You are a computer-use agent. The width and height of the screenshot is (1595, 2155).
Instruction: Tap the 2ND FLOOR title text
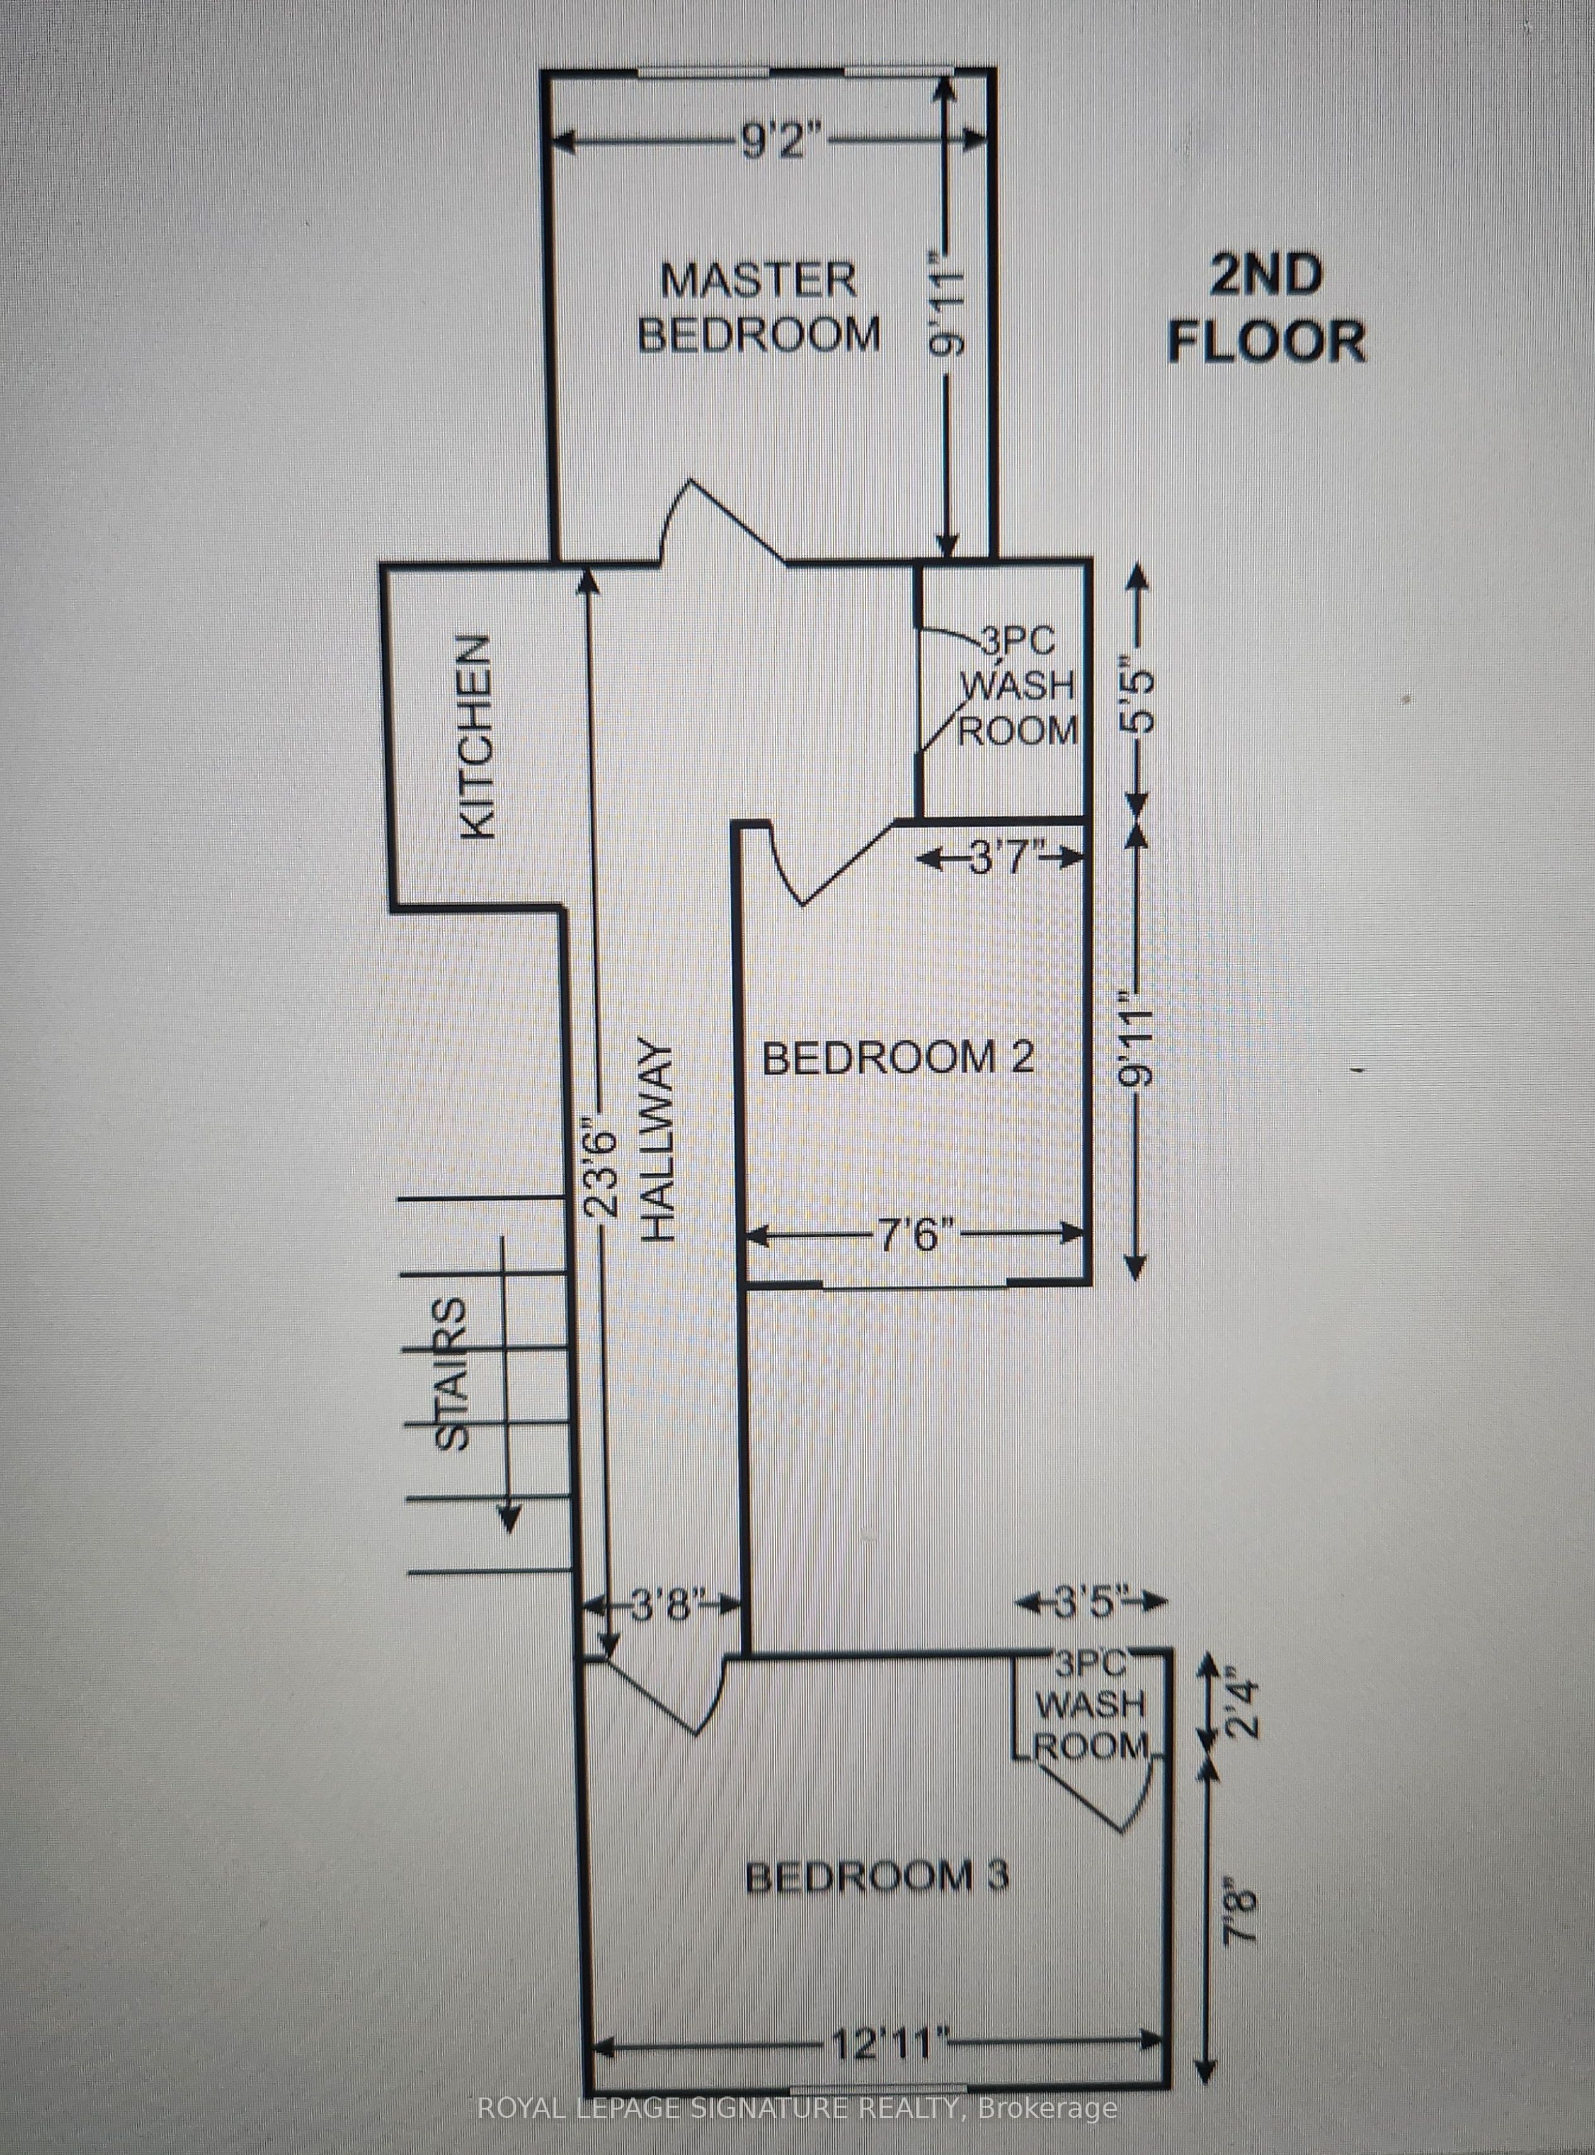click(1267, 309)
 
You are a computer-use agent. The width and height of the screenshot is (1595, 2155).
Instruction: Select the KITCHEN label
click(477, 736)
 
